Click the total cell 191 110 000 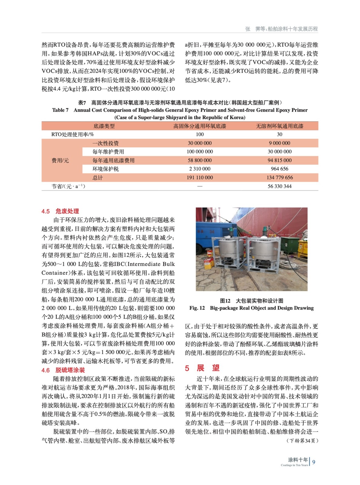click(x=200, y=178)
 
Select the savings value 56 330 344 click(x=279, y=186)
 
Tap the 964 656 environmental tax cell click(x=279, y=169)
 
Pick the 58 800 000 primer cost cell click(x=200, y=160)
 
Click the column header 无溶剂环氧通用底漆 click(x=279, y=126)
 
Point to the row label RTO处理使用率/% click(x=72, y=134)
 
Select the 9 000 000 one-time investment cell click(x=279, y=143)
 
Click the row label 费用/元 click(x=60, y=160)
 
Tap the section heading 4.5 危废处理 click(x=60, y=211)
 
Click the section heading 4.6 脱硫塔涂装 click(x=63, y=370)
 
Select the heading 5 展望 click(x=202, y=368)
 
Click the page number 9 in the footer click(x=314, y=462)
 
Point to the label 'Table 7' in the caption click(x=60, y=110)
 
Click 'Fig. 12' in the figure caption click(x=197, y=308)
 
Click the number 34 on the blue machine click(x=212, y=232)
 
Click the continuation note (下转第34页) click(x=302, y=440)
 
